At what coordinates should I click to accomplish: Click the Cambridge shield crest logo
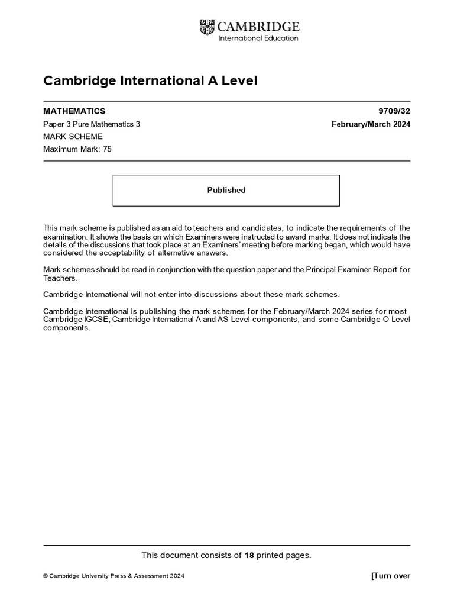pyautogui.click(x=207, y=27)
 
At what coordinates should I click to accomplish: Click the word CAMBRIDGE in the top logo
pyautogui.click(x=258, y=27)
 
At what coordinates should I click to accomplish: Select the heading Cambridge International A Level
pyautogui.click(x=150, y=80)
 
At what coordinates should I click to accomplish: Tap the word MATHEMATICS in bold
pyautogui.click(x=74, y=111)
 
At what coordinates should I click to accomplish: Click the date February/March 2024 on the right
pyautogui.click(x=371, y=124)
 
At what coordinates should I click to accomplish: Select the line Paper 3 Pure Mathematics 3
pyautogui.click(x=92, y=124)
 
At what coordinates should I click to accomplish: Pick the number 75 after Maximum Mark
pyautogui.click(x=106, y=149)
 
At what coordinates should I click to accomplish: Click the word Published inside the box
pyautogui.click(x=226, y=190)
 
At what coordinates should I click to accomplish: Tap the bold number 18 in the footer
pyautogui.click(x=249, y=555)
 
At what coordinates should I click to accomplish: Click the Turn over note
pyautogui.click(x=390, y=576)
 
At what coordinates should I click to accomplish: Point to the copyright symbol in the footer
pyautogui.click(x=46, y=576)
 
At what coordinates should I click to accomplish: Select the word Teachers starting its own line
pyautogui.click(x=60, y=278)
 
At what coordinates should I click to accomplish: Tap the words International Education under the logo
pyautogui.click(x=258, y=38)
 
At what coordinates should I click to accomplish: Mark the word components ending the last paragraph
pyautogui.click(x=66, y=328)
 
